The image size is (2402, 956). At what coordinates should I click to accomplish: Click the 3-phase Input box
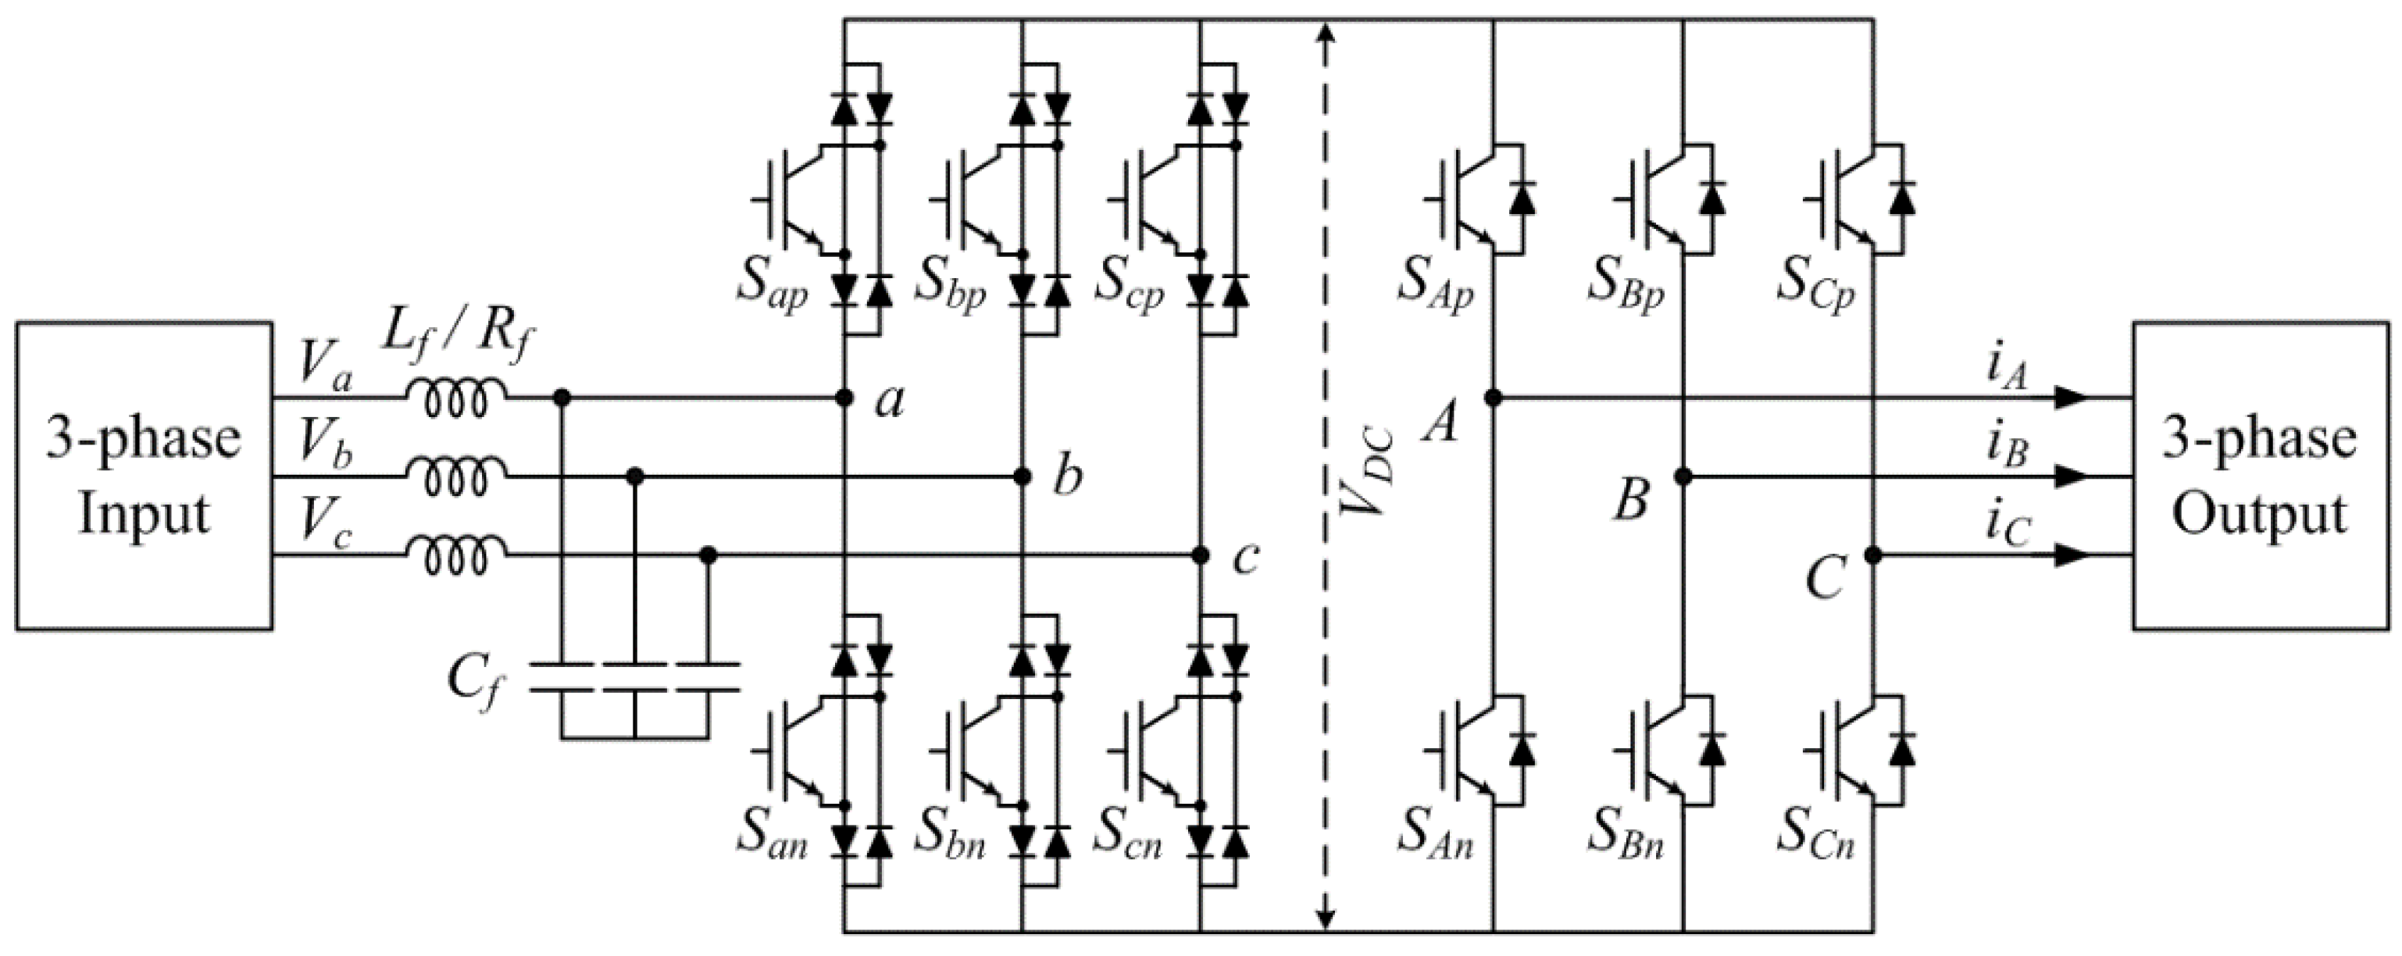144,476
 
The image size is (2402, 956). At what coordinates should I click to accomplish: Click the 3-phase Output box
2261,476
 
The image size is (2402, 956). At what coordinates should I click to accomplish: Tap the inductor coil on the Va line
456,399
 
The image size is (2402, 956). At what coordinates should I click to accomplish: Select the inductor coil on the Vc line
456,557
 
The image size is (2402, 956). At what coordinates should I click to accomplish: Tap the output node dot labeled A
1493,398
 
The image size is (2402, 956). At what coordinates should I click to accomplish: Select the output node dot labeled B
1683,476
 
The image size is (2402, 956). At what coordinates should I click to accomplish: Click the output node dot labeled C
1872,556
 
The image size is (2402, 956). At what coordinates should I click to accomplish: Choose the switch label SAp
1434,283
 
